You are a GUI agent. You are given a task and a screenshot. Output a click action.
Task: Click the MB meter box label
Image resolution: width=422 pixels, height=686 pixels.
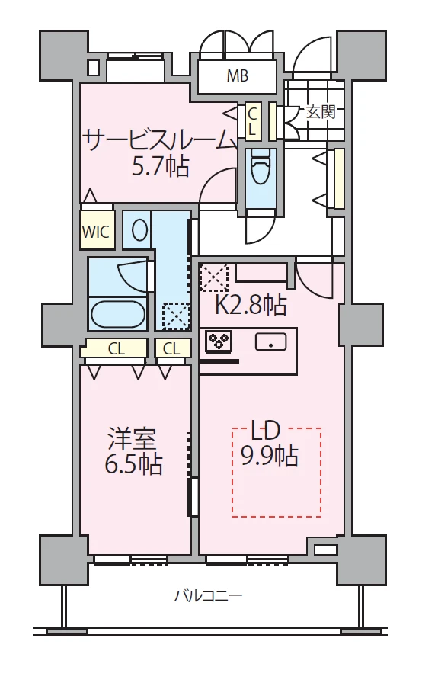coord(238,75)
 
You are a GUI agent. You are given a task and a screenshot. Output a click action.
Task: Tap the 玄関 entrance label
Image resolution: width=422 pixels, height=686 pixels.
coord(321,112)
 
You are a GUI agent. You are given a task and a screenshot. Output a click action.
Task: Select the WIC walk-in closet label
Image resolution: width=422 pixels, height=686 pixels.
coord(96,231)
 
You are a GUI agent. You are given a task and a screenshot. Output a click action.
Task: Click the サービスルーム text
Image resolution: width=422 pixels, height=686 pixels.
coord(159,140)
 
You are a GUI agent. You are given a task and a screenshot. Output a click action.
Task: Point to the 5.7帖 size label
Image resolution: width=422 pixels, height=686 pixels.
coord(161,166)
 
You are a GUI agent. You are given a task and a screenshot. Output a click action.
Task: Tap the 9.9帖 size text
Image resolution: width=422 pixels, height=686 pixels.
coord(270,456)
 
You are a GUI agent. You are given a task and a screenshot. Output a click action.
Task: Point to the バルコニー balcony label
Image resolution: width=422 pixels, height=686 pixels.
coord(208,595)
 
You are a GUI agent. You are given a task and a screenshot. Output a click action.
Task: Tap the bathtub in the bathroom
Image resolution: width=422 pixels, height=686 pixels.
coord(118,314)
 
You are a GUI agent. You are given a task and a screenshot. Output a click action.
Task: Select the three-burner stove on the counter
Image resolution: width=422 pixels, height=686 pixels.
coord(219,341)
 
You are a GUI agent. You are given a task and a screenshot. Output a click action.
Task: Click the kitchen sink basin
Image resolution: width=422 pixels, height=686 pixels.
coord(271,341)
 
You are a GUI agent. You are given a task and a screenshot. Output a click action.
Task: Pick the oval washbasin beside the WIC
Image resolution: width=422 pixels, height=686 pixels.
coord(139,229)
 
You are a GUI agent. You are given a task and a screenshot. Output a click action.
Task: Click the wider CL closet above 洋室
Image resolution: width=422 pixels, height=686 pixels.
coord(117,348)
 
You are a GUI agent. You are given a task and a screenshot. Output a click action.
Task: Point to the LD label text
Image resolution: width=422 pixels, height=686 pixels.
coord(264,431)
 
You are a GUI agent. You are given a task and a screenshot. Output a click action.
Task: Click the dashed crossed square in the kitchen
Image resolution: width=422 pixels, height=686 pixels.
coord(214,277)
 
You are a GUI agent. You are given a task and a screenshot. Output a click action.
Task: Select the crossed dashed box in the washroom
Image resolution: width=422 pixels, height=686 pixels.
coord(176,316)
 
